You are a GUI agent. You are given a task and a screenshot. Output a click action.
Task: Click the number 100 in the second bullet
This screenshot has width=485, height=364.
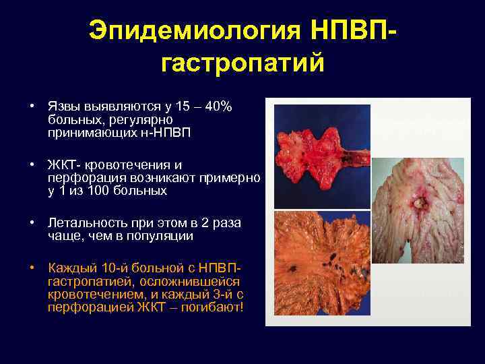point(99,191)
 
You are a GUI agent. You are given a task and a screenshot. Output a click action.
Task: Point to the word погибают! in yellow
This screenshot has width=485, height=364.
point(212,307)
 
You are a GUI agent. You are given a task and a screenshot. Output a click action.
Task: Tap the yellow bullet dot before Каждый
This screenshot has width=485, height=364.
point(32,268)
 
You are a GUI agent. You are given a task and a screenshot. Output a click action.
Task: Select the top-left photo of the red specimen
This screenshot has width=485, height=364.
point(322,152)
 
